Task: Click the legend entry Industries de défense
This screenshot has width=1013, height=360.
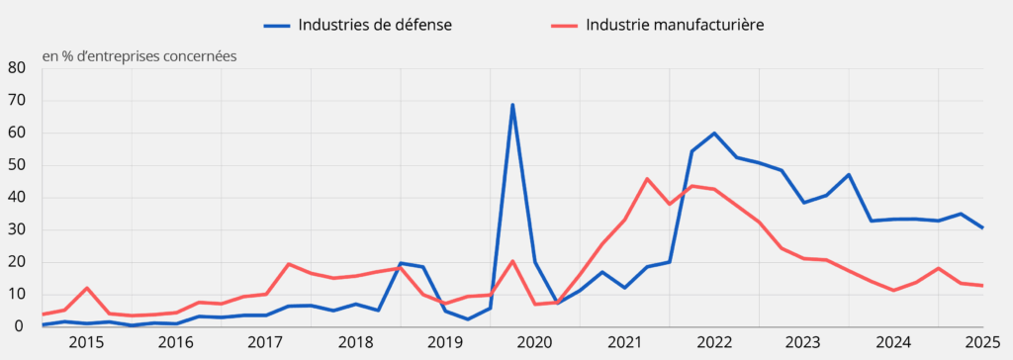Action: click(x=375, y=25)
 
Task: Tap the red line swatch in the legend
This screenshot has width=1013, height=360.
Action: click(x=564, y=25)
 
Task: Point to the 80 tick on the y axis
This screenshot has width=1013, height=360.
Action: click(x=17, y=68)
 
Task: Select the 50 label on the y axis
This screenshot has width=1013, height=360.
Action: click(x=17, y=165)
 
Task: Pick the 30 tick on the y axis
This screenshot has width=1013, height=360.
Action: click(x=17, y=229)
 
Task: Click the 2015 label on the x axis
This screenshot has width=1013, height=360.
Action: click(x=86, y=343)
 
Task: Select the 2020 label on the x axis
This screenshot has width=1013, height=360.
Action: click(x=535, y=343)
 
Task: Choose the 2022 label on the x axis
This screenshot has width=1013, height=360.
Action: click(x=714, y=343)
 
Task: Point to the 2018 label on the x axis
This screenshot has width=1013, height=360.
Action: click(x=355, y=343)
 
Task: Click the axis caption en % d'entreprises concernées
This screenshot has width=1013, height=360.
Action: click(x=139, y=55)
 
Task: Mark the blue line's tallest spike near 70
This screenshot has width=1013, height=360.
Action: click(x=512, y=105)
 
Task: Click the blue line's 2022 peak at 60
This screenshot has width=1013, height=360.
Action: click(x=714, y=133)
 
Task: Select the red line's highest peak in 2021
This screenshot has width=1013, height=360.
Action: click(x=647, y=179)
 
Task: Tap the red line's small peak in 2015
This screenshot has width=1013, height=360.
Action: click(x=87, y=288)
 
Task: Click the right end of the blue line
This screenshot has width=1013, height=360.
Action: click(x=982, y=227)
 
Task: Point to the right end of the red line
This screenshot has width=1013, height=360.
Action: click(x=982, y=286)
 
